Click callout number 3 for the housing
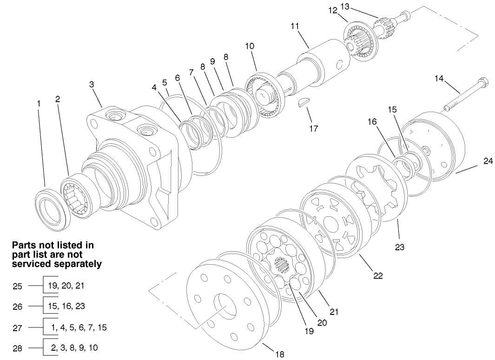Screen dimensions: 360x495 coord(92,84)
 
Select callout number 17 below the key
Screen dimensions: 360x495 coord(314,128)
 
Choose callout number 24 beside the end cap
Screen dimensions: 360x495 coord(488,161)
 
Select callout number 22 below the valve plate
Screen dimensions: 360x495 coord(378,275)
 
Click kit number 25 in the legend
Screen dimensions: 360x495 coord(17,286)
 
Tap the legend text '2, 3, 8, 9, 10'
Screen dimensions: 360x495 coord(74,347)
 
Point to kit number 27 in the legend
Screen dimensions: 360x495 coord(17,327)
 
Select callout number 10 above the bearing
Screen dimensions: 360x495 coord(250,46)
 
